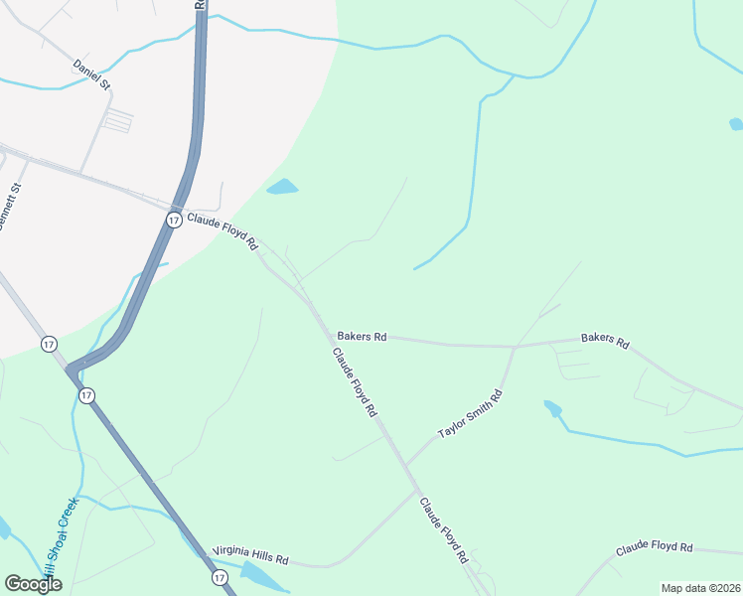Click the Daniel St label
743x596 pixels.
90,74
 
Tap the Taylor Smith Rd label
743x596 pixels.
471,415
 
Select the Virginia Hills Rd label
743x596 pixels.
249,554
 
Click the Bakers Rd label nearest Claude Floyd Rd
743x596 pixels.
361,337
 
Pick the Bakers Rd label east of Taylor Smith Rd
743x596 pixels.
605,341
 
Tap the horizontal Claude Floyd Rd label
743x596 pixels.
653,547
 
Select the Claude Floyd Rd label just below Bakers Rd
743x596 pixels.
355,382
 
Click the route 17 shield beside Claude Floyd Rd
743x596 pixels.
174,220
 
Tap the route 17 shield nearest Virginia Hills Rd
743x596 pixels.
220,577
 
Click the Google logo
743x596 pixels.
33,584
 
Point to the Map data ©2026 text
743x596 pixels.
700,588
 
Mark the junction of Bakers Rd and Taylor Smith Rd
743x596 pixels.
514,348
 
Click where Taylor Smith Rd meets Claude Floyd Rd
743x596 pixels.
405,466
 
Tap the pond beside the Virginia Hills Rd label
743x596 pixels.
256,573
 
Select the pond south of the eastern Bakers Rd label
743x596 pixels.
552,407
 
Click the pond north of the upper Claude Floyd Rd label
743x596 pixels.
282,187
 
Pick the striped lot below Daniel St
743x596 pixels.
117,121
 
